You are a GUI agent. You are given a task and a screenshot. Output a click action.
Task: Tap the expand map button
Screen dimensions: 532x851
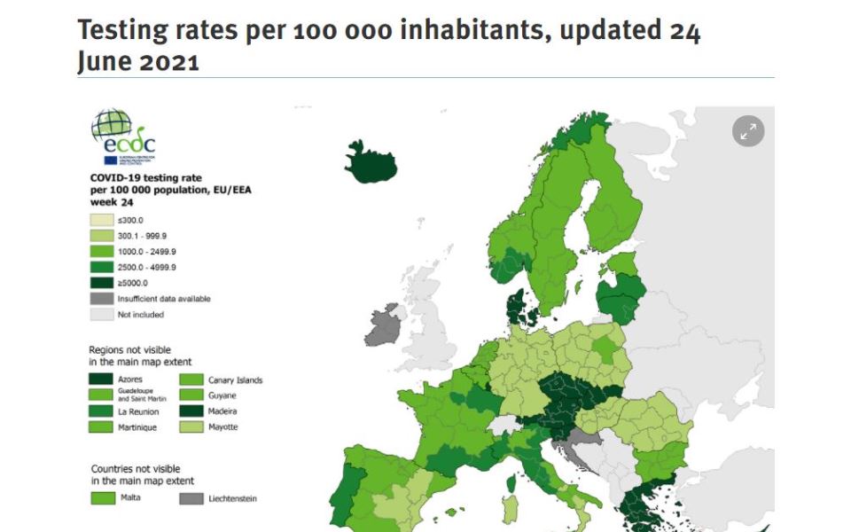748,131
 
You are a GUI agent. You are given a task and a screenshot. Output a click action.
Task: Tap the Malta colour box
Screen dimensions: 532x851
102,497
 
